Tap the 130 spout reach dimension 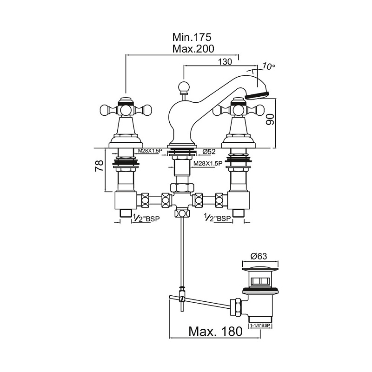pos(225,61)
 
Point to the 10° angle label pos(269,66)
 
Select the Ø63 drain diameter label pos(259,256)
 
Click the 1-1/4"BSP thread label pos(261,327)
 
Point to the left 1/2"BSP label pos(145,218)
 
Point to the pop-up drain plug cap pos(259,269)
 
